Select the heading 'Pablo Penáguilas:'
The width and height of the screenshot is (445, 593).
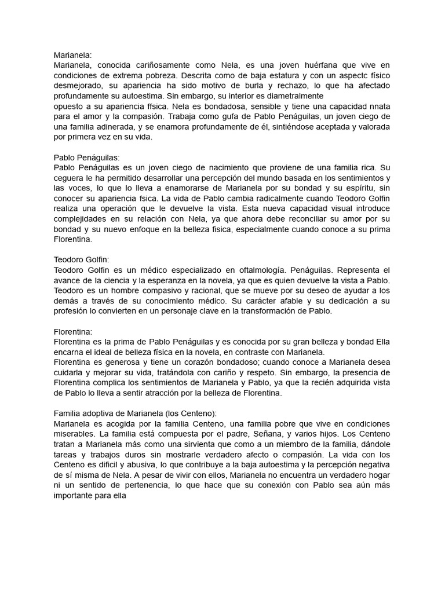pos(86,157)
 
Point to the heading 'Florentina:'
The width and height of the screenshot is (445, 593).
pos(73,332)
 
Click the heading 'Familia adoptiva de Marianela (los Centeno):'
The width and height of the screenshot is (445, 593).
pos(135,413)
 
